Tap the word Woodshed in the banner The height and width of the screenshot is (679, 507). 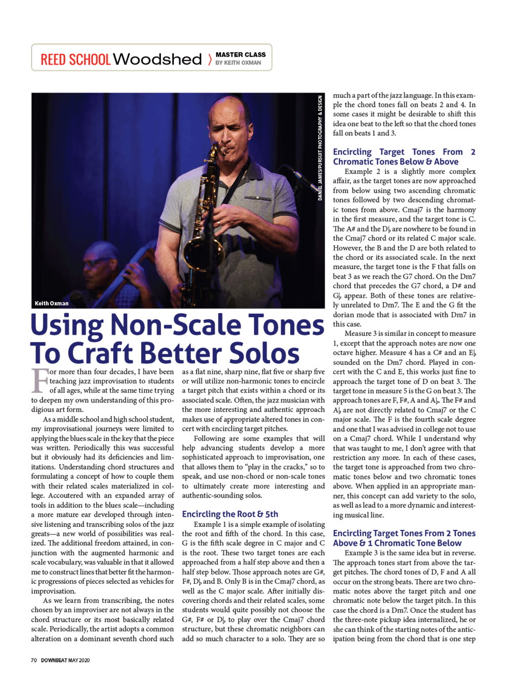pos(157,59)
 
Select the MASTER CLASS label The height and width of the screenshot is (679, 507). pos(241,55)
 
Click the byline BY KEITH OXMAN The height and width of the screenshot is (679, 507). pos(238,63)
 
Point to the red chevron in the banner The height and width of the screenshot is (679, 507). pos(210,60)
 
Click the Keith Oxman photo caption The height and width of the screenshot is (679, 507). pos(52,304)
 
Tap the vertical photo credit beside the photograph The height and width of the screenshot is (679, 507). pos(320,147)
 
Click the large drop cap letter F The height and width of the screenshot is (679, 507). pos(40,381)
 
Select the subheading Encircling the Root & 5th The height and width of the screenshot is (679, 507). pos(230,514)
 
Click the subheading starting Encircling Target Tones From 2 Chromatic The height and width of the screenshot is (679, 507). pos(404,157)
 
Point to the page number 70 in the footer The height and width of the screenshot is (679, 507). pos(34,660)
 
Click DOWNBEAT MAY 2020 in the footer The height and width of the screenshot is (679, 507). pos(65,660)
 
